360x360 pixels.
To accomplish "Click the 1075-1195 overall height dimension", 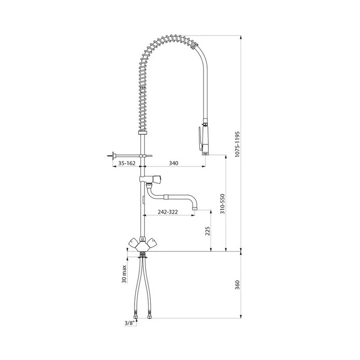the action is point(237,144).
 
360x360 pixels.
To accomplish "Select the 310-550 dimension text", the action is point(222,204).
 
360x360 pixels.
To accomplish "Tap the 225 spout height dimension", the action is point(207,231).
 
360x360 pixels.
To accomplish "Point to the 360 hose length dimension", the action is point(237,285).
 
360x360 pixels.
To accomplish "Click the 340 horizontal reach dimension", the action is point(174,163).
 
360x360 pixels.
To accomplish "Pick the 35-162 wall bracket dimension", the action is point(127,163).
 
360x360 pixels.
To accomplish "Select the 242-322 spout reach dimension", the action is point(167,212).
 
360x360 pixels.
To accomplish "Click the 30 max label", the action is point(124,274).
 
